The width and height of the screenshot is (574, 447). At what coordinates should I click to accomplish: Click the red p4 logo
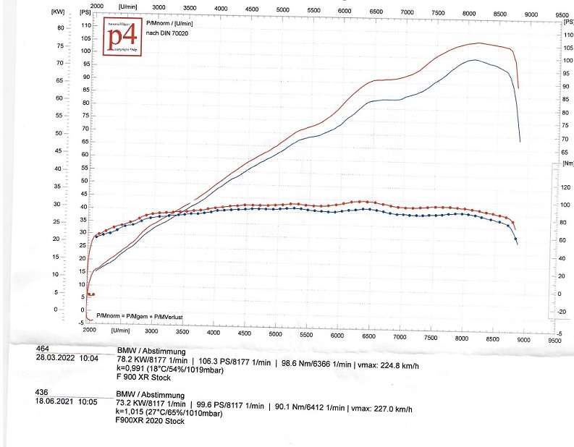(123, 39)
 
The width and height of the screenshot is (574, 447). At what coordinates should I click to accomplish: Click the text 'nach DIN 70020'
(166, 34)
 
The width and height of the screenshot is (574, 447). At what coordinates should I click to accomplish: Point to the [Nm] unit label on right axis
(568, 164)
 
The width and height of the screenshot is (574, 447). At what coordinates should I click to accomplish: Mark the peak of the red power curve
(478, 43)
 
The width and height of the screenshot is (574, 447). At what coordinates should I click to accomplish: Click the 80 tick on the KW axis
(61, 27)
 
